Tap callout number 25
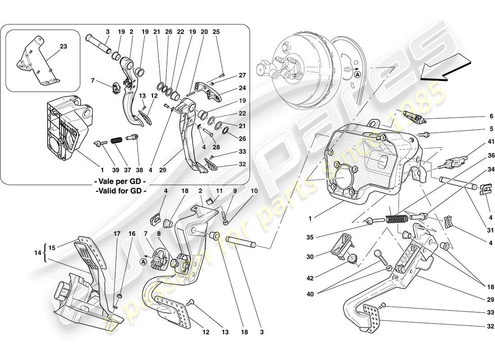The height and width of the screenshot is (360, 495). click(x=216, y=32)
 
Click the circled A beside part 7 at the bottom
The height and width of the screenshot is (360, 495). click(x=143, y=261)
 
